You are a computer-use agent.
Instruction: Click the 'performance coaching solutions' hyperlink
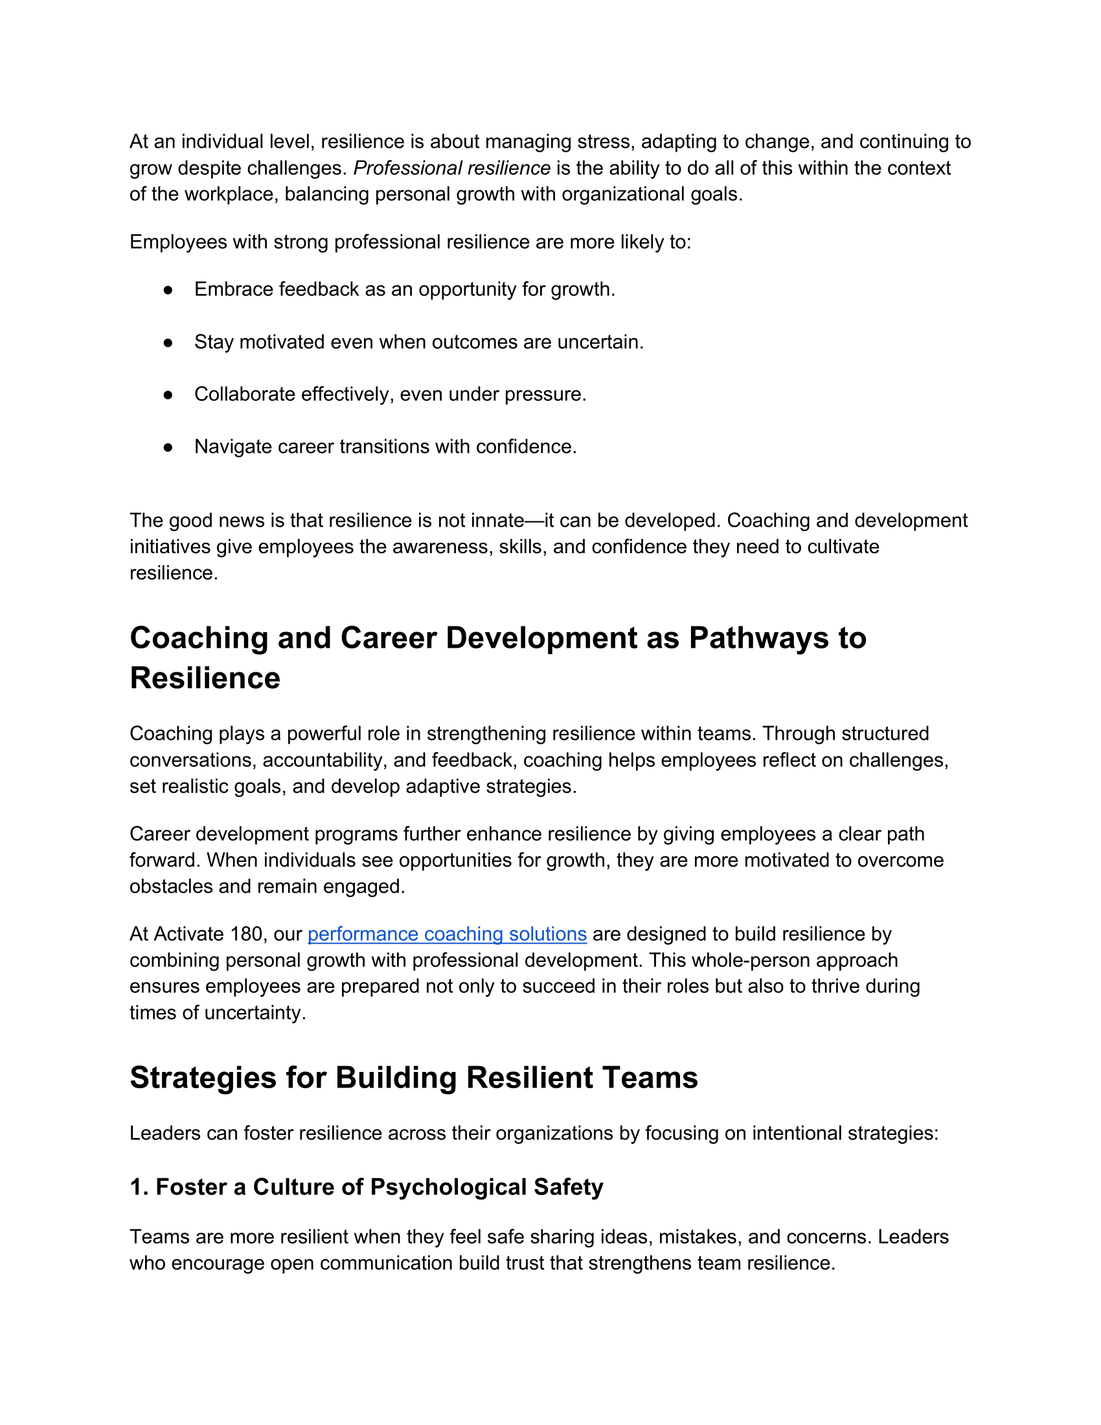point(447,934)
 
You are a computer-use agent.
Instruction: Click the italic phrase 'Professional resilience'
point(452,168)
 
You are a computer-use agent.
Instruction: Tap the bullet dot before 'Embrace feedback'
point(168,290)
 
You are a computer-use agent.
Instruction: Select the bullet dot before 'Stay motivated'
point(168,343)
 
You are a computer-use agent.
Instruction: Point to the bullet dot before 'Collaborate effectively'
point(168,394)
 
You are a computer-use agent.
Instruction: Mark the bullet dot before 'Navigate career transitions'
point(168,447)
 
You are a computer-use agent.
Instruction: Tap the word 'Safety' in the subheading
point(568,1187)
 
